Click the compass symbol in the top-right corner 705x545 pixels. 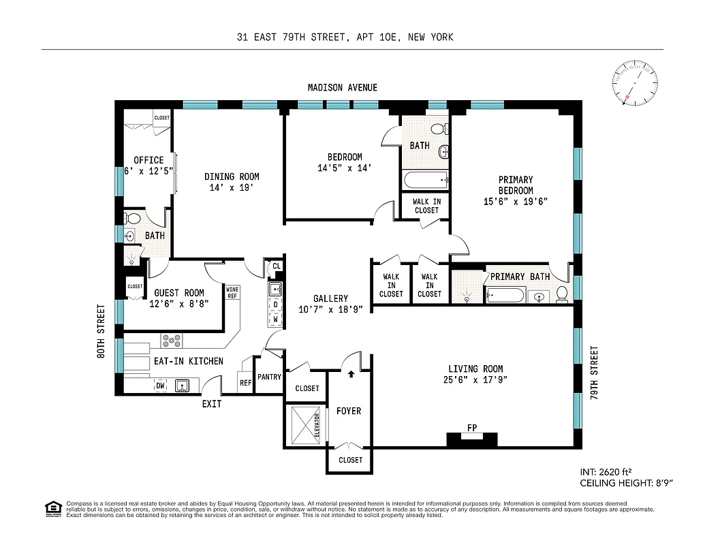point(636,84)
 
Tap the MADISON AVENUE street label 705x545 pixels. point(342,88)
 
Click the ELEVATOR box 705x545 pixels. point(304,426)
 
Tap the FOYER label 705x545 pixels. point(349,411)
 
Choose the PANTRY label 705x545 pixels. point(270,377)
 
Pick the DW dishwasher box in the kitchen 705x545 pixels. point(161,386)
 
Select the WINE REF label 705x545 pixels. point(232,292)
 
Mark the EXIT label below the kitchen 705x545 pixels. point(211,404)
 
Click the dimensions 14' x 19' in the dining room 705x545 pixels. point(232,187)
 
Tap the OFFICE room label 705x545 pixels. point(148,160)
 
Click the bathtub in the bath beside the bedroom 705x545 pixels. point(425,181)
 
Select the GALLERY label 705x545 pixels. point(330,298)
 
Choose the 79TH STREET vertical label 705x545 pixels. point(594,375)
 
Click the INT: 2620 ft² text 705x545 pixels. point(608,471)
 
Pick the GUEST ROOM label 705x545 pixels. point(179,293)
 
